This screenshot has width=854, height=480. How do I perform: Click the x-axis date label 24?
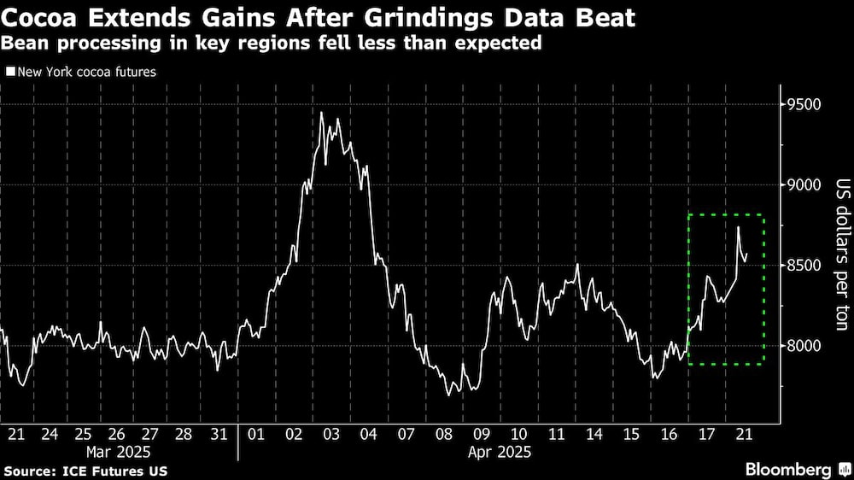[x=50, y=433]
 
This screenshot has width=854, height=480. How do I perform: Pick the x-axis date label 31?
[x=218, y=433]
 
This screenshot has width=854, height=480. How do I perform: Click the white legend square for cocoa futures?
[x=9, y=73]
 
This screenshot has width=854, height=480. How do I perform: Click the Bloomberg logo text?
[x=788, y=470]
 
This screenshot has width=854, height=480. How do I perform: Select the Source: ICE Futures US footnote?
[x=85, y=471]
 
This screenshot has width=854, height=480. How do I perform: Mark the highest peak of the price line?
[x=321, y=113]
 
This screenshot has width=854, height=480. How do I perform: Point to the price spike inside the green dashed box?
[x=738, y=227]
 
